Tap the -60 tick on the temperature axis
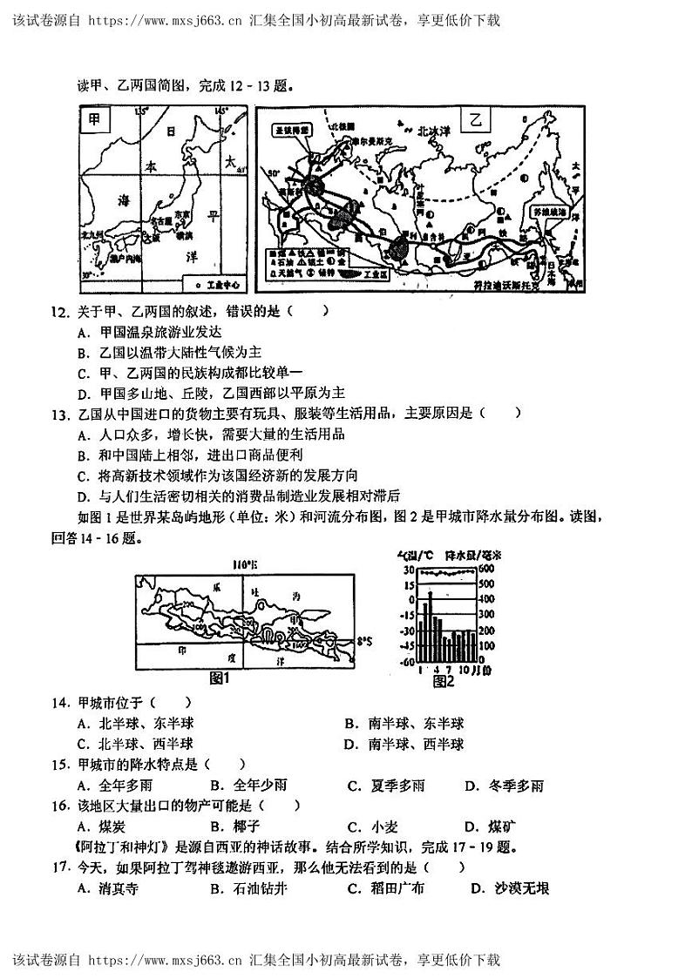pyautogui.click(x=406, y=662)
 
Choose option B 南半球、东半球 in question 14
pyautogui.click(x=404, y=724)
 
